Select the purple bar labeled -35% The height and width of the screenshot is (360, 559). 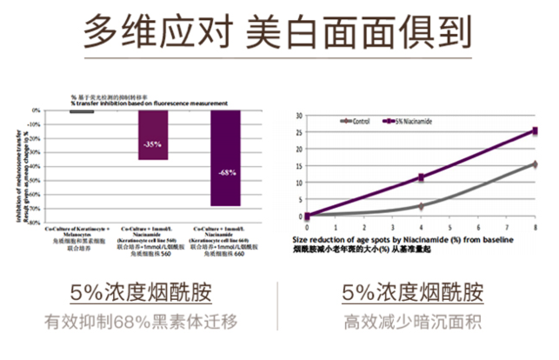[153, 135]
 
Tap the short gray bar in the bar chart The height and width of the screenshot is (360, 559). [82, 112]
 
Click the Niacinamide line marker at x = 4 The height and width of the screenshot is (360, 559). [422, 177]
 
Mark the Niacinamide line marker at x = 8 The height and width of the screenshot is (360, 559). [535, 131]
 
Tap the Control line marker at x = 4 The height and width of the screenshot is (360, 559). [422, 206]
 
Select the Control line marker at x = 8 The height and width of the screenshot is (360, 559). [535, 163]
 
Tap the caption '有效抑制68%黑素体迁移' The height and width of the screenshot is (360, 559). [141, 320]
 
